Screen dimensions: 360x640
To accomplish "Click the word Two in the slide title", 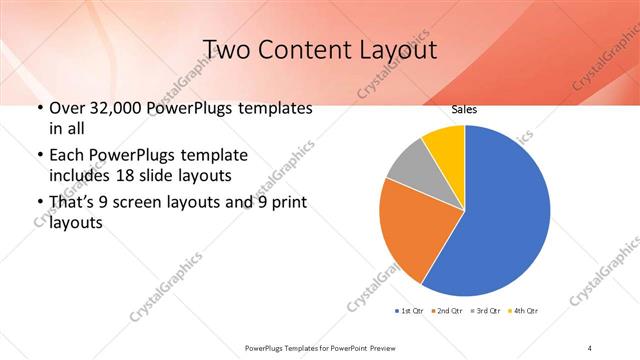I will [x=228, y=49].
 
